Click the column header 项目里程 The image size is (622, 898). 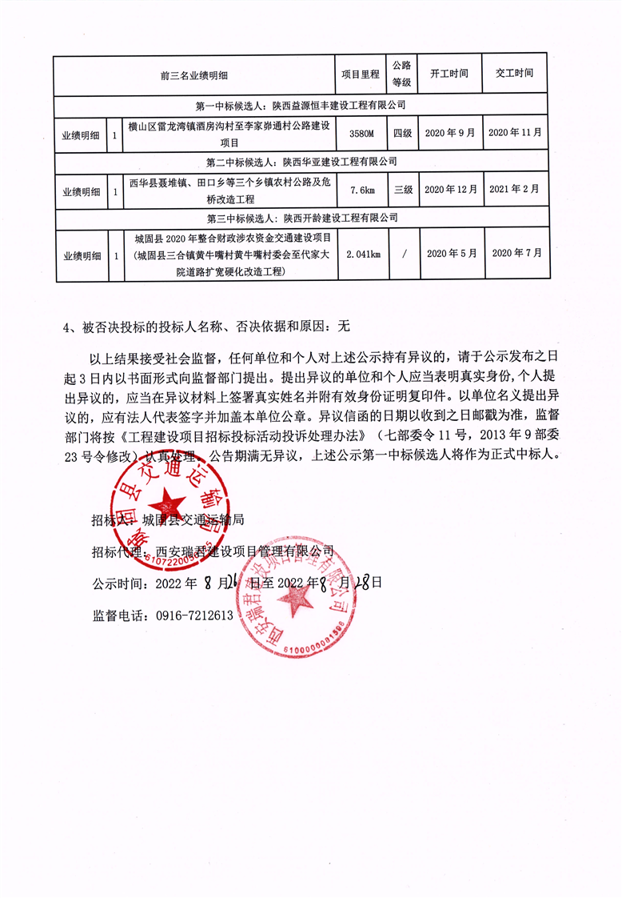point(361,74)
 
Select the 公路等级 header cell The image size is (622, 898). point(401,74)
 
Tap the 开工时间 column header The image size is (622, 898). point(449,74)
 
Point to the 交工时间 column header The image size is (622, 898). point(514,74)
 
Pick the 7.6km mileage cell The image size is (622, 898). point(361,190)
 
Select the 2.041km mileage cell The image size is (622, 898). point(361,254)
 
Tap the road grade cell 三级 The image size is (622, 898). point(402,190)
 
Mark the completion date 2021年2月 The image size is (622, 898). point(514,190)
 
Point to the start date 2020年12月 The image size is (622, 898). point(450,190)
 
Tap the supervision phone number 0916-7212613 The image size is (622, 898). point(189,615)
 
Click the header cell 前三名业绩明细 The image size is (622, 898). point(194,74)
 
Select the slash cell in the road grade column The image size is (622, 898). point(402,254)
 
